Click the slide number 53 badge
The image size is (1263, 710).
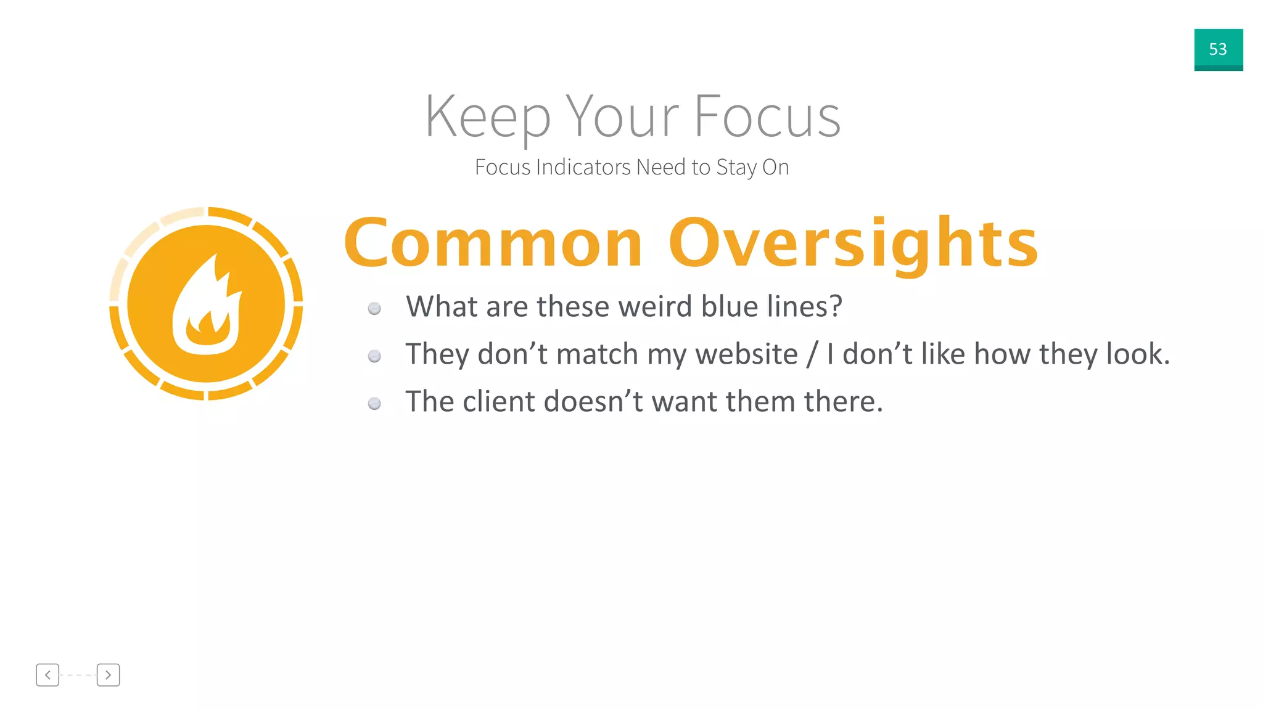pyautogui.click(x=1218, y=49)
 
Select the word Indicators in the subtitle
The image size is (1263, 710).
pyautogui.click(x=583, y=167)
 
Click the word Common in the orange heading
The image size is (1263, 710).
pyautogui.click(x=493, y=244)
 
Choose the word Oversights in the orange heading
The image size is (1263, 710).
pyautogui.click(x=854, y=244)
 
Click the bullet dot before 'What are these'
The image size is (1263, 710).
pyautogui.click(x=374, y=308)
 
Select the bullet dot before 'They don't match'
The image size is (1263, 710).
pyautogui.click(x=374, y=356)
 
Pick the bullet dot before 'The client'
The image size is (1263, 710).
pyautogui.click(x=374, y=404)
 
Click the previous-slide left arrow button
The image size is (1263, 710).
pyautogui.click(x=47, y=675)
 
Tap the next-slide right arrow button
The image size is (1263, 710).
pyautogui.click(x=108, y=675)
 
